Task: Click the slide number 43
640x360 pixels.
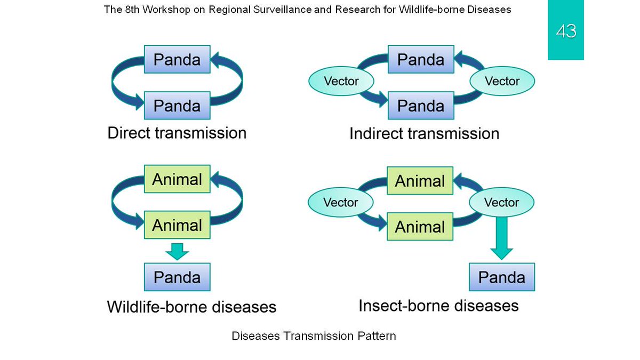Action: [566, 31]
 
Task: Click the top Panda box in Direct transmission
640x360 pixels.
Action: [177, 59]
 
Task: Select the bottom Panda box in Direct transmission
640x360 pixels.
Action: [177, 106]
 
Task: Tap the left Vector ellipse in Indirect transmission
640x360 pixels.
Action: [341, 81]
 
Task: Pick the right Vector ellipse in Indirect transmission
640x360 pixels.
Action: [502, 81]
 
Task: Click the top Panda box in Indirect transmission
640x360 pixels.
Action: [421, 59]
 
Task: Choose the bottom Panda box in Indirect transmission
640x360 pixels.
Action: [421, 106]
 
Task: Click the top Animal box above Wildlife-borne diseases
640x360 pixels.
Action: [177, 179]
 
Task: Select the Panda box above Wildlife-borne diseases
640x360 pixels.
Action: [177, 277]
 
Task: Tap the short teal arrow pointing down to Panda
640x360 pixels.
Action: [177, 251]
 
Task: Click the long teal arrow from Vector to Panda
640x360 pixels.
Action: [502, 238]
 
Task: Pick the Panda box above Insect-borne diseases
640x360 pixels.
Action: [502, 277]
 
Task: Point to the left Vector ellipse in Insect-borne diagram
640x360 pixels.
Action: [341, 202]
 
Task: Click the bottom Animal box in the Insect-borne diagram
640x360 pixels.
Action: [420, 227]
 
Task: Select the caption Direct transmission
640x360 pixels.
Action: [177, 133]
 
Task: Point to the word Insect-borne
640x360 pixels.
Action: [404, 306]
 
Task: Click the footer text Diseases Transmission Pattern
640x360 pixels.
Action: [314, 336]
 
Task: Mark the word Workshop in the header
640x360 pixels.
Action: [166, 10]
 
